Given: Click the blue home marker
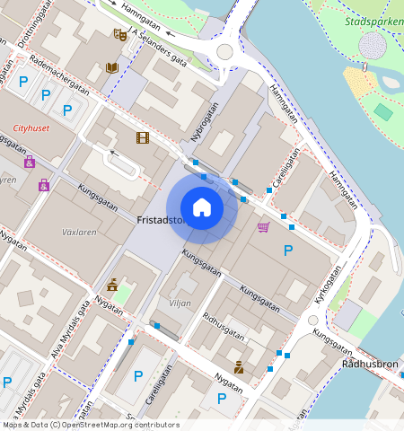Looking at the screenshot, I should coord(202,207).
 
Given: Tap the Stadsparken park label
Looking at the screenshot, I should coord(373,20).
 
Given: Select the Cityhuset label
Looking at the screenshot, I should coord(31,128).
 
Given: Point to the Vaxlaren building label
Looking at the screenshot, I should coord(78,231).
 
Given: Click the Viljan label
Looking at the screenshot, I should coord(180,303).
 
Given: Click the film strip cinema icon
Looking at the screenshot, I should coord(142,137).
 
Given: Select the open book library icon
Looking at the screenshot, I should coord(111,67).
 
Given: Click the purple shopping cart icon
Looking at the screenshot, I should coord(263,227).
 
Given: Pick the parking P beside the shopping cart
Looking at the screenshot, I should coord(288,251).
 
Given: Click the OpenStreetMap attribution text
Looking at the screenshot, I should coord(90,425).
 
